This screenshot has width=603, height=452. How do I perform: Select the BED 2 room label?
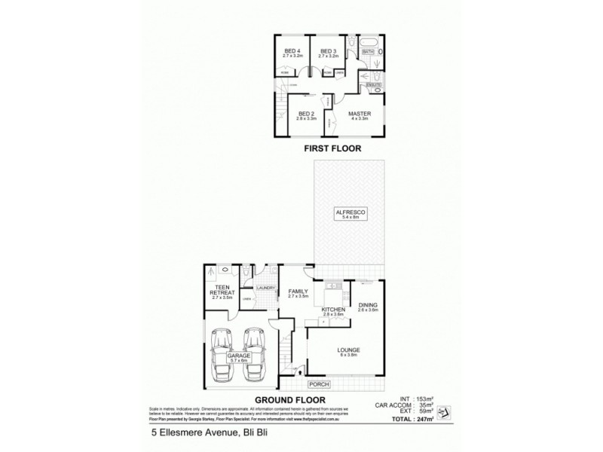click(306, 115)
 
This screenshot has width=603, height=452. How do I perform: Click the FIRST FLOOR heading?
click(332, 149)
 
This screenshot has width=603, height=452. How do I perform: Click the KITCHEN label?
click(333, 310)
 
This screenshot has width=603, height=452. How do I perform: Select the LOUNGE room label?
click(349, 351)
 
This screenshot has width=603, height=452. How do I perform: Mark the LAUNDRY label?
click(266, 288)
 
